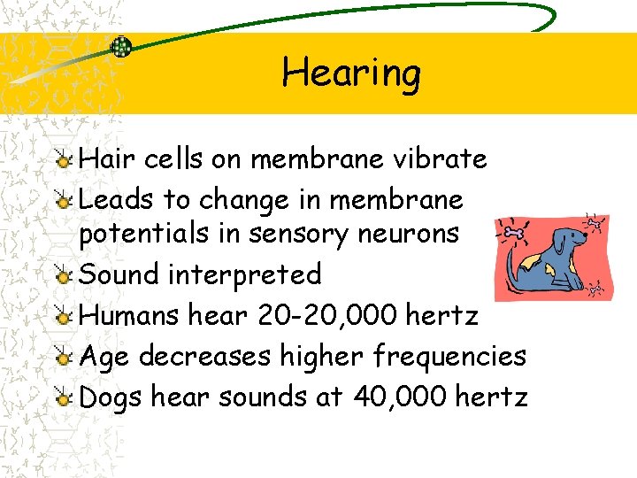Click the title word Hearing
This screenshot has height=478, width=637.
point(351,73)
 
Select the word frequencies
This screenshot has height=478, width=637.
point(449,356)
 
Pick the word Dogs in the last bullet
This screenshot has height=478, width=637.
point(111,397)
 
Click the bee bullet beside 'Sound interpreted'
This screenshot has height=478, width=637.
point(63,276)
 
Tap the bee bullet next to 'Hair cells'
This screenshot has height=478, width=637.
point(63,160)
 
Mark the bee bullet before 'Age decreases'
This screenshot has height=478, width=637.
point(63,358)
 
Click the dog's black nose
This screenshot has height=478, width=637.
point(586,237)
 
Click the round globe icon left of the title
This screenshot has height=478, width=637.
point(121,47)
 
